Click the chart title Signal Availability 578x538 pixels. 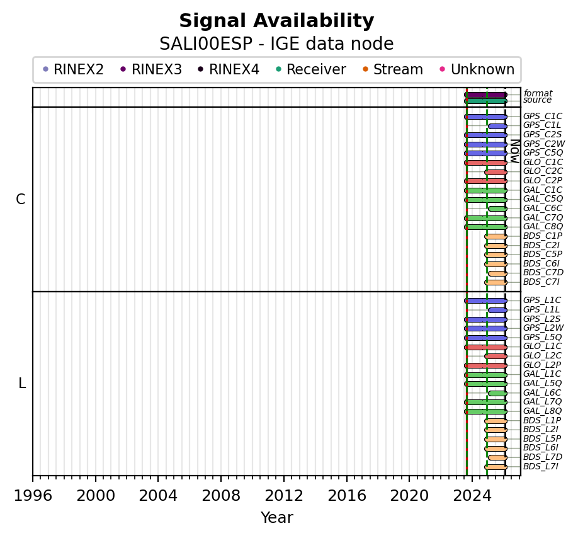coord(276,21)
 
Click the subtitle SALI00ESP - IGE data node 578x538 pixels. coord(276,44)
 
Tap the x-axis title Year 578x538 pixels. coord(276,518)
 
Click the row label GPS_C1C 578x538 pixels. coord(542,117)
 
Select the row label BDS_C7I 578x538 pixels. coord(541,282)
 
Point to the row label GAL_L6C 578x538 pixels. coord(542,392)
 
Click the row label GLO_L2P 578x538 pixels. coord(542,365)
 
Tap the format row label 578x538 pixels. coord(538,94)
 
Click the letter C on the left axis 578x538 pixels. coord(21,200)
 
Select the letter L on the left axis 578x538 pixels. coord(22,383)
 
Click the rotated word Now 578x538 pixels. coord(514,151)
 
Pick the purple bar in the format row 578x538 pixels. coord(485,94)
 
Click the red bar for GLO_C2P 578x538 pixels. coord(485,181)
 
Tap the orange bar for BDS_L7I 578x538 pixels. coord(496,467)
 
